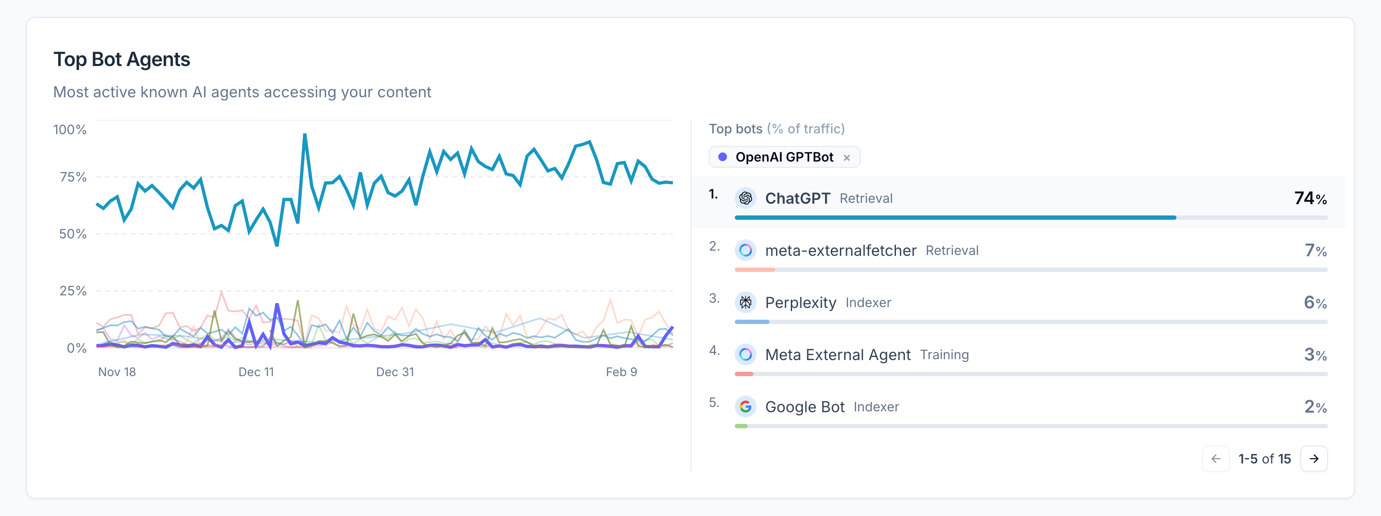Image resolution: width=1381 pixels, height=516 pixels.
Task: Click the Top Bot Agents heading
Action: pyautogui.click(x=122, y=60)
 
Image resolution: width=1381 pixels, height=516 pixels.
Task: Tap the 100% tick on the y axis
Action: pyautogui.click(x=69, y=130)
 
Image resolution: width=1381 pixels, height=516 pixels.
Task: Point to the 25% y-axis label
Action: pyautogui.click(x=73, y=291)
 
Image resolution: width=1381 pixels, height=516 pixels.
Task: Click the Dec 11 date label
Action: pyautogui.click(x=256, y=372)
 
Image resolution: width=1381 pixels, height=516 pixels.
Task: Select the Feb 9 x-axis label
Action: pyautogui.click(x=621, y=372)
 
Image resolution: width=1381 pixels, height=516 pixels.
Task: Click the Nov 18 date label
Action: pyautogui.click(x=117, y=372)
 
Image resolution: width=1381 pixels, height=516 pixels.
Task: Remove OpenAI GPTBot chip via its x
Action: pyautogui.click(x=846, y=158)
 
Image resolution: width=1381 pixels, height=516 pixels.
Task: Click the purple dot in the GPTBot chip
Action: pyautogui.click(x=723, y=157)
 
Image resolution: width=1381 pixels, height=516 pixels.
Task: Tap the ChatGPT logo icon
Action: pyautogui.click(x=745, y=198)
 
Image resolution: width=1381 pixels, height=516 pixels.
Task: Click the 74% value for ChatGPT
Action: pyautogui.click(x=1310, y=198)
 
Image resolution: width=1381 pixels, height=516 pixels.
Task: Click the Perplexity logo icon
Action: pyautogui.click(x=745, y=302)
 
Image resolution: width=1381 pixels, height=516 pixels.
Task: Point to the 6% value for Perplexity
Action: pyautogui.click(x=1315, y=302)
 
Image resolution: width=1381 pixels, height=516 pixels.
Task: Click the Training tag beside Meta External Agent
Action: pyautogui.click(x=944, y=354)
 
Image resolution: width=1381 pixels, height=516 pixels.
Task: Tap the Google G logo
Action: pyautogui.click(x=745, y=407)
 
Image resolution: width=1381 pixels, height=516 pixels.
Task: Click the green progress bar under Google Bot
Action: pyautogui.click(x=741, y=426)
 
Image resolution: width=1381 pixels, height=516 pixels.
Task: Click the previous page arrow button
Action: pyautogui.click(x=1216, y=459)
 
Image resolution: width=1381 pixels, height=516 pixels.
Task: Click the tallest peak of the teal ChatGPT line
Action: pyautogui.click(x=304, y=135)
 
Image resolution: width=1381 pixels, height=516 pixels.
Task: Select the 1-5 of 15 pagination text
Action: pyautogui.click(x=1264, y=459)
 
